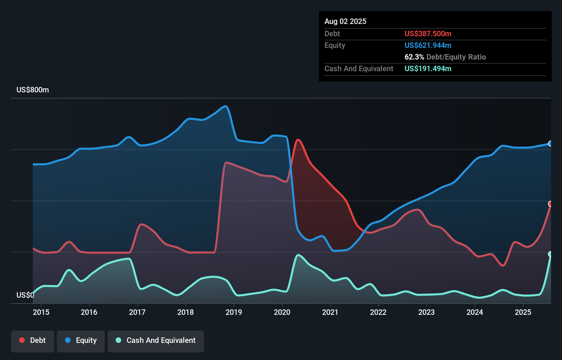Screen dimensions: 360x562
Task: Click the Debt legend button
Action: click(33, 341)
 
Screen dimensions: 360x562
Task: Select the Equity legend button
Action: click(81, 341)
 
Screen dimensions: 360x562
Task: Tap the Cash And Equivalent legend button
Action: click(156, 341)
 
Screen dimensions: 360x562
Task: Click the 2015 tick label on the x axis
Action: click(41, 312)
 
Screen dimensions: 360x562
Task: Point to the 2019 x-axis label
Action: click(234, 312)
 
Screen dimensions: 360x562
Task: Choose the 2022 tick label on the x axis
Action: click(378, 312)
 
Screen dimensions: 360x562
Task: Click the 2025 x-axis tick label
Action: click(523, 312)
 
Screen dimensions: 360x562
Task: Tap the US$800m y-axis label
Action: click(33, 90)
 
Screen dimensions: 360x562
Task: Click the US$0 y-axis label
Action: click(25, 295)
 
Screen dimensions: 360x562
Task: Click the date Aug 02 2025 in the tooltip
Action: click(345, 22)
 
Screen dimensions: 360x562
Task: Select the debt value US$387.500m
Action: click(427, 34)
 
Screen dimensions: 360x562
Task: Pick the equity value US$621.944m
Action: click(427, 46)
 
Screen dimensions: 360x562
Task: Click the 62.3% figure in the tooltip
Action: click(414, 57)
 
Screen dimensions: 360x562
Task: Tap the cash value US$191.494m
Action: click(427, 69)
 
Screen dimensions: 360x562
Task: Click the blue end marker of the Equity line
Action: click(550, 144)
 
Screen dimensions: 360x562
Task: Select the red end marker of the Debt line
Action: click(550, 204)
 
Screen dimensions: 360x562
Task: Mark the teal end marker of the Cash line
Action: click(550, 254)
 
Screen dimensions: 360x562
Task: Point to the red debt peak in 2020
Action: click(298, 140)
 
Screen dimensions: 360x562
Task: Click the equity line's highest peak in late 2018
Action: click(226, 106)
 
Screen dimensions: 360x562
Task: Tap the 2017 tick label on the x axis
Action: click(137, 312)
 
